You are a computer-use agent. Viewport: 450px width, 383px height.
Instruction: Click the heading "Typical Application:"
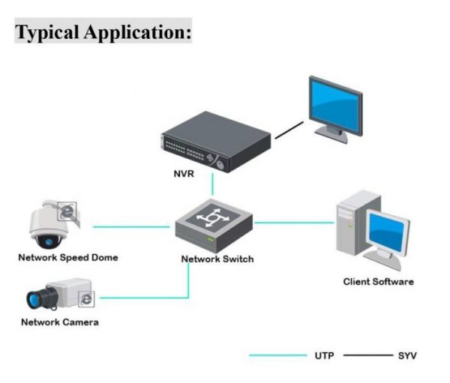point(103,33)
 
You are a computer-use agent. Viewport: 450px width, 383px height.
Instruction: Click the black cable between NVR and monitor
point(289,132)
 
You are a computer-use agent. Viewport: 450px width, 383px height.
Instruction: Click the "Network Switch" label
point(217,259)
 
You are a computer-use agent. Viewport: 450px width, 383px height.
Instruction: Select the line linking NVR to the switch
point(213,184)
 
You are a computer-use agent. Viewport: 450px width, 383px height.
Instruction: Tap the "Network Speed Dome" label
point(68,258)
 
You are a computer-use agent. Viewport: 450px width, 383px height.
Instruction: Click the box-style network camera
point(60,298)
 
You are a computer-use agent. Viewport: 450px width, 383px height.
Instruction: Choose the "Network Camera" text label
point(59,322)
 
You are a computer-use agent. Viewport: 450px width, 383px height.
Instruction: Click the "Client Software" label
point(378,282)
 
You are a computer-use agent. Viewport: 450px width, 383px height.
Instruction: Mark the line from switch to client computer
point(292,222)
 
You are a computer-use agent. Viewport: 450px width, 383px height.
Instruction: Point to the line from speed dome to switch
point(131,226)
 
